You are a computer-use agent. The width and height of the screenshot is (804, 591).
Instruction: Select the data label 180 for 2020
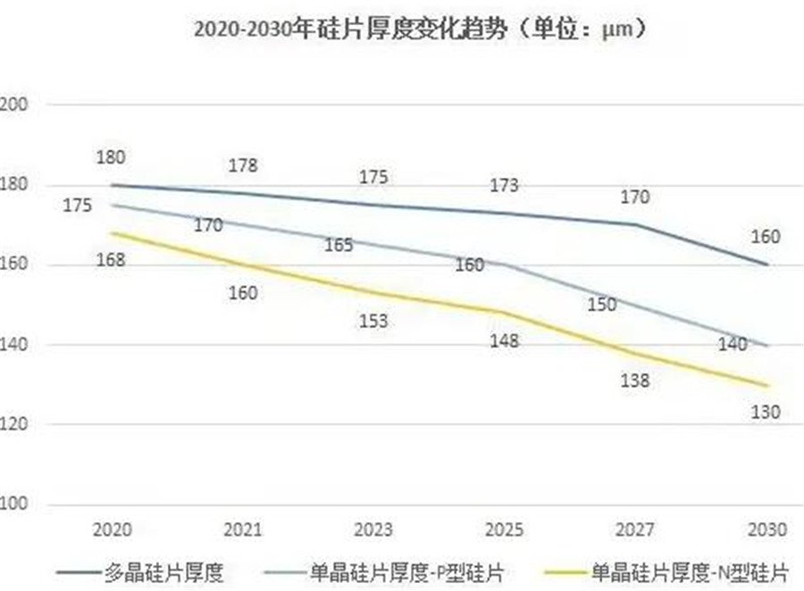tap(112, 157)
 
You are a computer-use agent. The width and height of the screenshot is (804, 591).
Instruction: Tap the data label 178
tap(243, 165)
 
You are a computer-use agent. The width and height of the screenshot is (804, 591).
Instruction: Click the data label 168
tap(112, 260)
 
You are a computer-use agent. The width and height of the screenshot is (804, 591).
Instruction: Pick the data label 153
tap(373, 321)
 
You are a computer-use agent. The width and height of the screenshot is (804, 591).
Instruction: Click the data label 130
tap(766, 412)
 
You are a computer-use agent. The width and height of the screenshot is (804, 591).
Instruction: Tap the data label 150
tap(602, 305)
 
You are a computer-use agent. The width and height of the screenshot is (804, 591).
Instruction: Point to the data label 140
tap(733, 343)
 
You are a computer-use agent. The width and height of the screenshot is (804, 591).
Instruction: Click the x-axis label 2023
tap(373, 529)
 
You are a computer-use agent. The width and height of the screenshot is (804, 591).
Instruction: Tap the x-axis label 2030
tap(766, 529)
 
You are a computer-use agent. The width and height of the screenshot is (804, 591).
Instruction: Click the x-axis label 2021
tap(243, 529)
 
